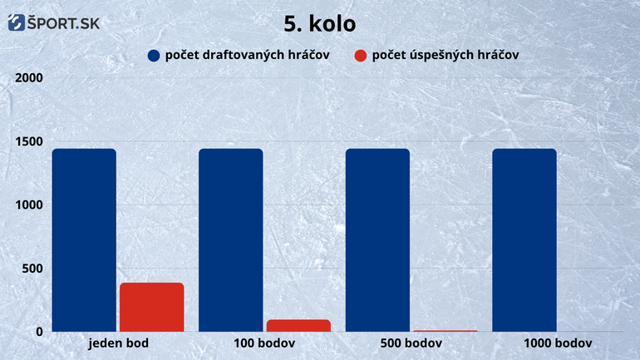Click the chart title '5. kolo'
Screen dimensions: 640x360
320,23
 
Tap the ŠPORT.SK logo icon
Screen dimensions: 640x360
17,22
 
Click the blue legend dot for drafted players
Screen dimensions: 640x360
154,56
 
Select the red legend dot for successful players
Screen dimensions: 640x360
361,56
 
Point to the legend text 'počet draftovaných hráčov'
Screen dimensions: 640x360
248,55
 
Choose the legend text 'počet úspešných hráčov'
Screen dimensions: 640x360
446,55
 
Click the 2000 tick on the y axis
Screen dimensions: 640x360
29,77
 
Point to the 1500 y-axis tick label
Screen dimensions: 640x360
29,141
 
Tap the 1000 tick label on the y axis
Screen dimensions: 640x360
29,205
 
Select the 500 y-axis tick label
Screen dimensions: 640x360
32,269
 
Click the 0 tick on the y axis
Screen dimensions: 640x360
39,332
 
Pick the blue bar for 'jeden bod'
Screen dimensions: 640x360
84,240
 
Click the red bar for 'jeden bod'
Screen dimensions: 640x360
152,307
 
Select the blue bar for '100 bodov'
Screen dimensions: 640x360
231,240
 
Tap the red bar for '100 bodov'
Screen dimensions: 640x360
298,325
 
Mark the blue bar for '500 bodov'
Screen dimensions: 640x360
377,240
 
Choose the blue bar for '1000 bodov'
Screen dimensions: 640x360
524,240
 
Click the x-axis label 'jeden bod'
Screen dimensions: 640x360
118,343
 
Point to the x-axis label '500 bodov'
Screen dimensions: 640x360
411,343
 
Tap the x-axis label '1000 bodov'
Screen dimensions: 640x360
558,343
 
